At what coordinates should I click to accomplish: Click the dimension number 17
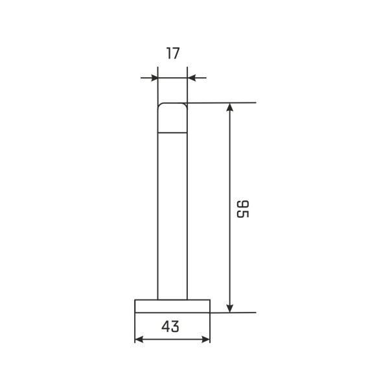tap(173, 53)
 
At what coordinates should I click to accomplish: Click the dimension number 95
tap(243, 209)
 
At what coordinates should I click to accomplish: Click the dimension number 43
tap(170, 326)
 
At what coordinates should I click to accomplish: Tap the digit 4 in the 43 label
tap(166, 326)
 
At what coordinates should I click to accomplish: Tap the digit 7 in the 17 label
tap(176, 53)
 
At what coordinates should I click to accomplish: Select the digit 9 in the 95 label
tap(243, 205)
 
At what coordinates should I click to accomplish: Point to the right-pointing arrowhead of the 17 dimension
tap(154, 78)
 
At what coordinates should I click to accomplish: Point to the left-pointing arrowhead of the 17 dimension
tap(191, 78)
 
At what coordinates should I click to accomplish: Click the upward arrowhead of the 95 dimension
tap(230, 107)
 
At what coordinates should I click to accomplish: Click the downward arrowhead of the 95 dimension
tap(230, 309)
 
